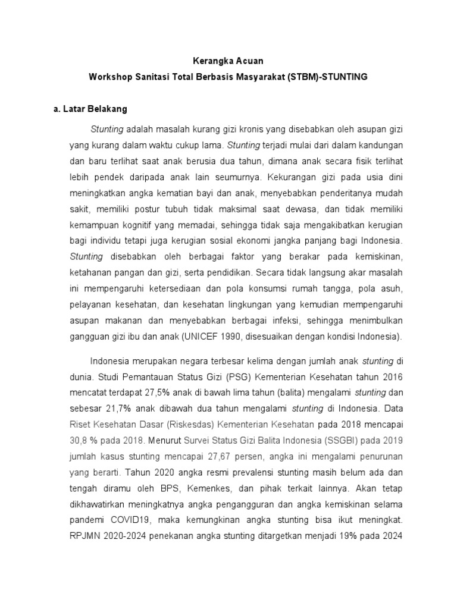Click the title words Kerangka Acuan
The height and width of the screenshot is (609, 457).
tap(229, 61)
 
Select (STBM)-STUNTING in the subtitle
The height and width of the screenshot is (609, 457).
tap(328, 77)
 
